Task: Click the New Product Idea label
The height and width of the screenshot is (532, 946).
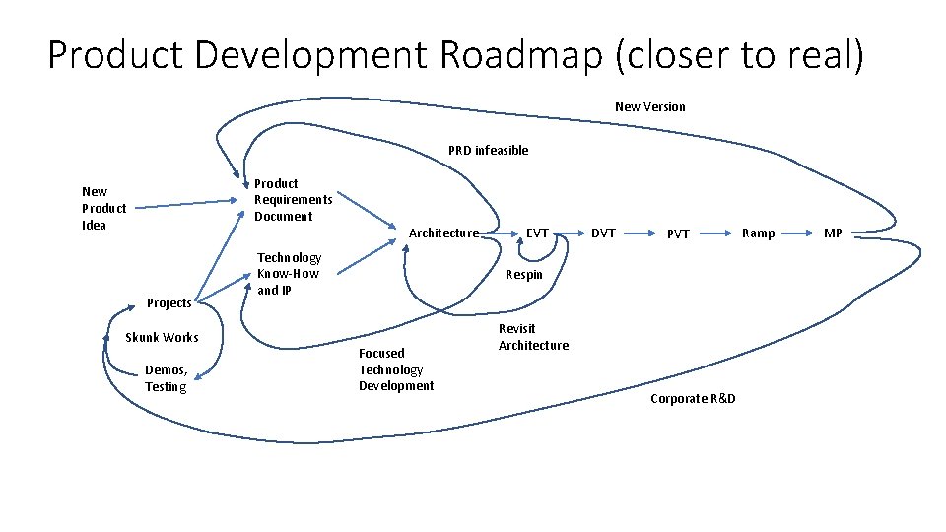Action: point(103,208)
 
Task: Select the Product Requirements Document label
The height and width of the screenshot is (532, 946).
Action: point(293,200)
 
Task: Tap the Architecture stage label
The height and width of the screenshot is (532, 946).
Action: point(443,233)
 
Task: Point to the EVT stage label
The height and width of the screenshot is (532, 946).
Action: point(537,233)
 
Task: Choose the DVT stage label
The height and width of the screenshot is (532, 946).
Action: point(602,233)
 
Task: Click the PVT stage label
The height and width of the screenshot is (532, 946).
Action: point(678,234)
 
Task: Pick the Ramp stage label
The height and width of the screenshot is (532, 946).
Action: point(758,233)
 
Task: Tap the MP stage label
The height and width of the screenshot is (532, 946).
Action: point(833,233)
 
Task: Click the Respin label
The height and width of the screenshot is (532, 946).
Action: point(523,275)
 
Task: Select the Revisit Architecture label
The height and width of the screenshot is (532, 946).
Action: point(533,337)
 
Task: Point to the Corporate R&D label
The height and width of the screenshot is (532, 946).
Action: point(693,398)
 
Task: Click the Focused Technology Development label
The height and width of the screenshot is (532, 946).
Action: point(395,369)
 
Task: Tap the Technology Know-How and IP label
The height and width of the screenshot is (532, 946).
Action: point(289,274)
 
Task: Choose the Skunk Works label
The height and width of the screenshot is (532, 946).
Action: point(162,338)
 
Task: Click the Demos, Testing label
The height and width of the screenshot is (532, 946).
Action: point(166,378)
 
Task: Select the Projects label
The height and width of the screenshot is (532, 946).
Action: point(169,302)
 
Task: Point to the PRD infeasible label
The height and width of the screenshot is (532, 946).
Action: point(488,151)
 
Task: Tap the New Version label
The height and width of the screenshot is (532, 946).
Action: point(649,106)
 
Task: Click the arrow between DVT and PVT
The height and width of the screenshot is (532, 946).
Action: point(639,233)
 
